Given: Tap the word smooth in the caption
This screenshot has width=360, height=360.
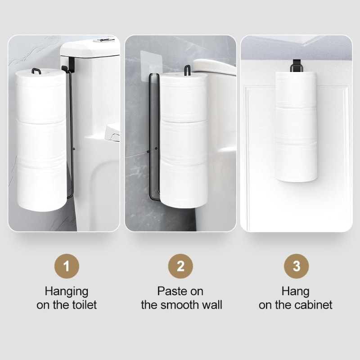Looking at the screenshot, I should [182, 305].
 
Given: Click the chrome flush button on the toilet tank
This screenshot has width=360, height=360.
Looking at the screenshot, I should [103, 40].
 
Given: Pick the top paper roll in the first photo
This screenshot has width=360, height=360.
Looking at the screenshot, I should [41, 97].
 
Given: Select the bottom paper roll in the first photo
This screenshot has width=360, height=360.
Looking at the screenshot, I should [41, 187].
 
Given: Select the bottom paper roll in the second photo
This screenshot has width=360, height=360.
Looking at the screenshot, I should [183, 184].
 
